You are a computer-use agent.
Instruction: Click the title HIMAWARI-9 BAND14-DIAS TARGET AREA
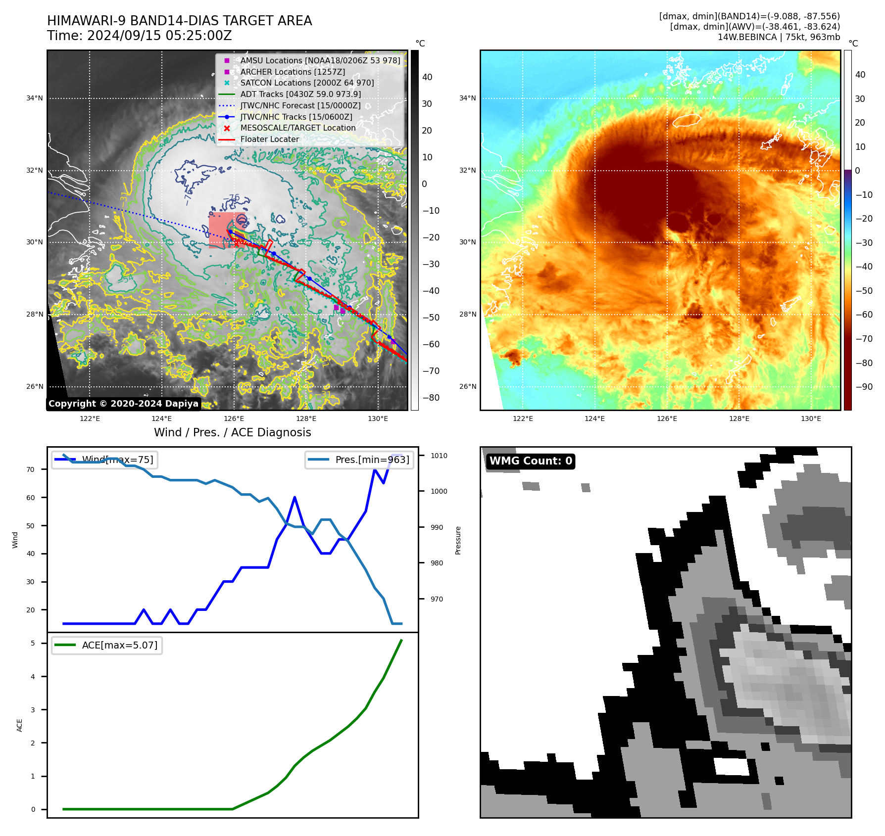coord(179,21)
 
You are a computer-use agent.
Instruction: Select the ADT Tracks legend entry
coord(300,94)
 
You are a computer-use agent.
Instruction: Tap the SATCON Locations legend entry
coord(307,83)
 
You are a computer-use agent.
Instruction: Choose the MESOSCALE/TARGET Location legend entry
coord(297,128)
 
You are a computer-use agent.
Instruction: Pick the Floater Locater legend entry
coord(269,139)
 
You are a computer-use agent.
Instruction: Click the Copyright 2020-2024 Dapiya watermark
coord(123,404)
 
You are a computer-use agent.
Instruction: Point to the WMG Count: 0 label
coord(531,461)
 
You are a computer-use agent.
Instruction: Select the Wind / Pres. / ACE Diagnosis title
coord(232,432)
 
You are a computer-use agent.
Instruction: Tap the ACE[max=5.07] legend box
coord(107,645)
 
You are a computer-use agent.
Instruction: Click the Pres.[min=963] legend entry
coord(359,460)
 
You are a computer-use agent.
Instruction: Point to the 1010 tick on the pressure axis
coord(439,456)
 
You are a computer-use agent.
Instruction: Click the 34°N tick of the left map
coord(35,98)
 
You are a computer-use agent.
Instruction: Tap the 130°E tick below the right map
coord(811,418)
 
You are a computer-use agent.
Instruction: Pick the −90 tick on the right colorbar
coord(864,386)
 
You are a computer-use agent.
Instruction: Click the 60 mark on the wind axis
coord(31,498)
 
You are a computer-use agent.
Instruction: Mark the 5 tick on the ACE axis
coord(33,643)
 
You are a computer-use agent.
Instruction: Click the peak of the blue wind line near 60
coord(295,497)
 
